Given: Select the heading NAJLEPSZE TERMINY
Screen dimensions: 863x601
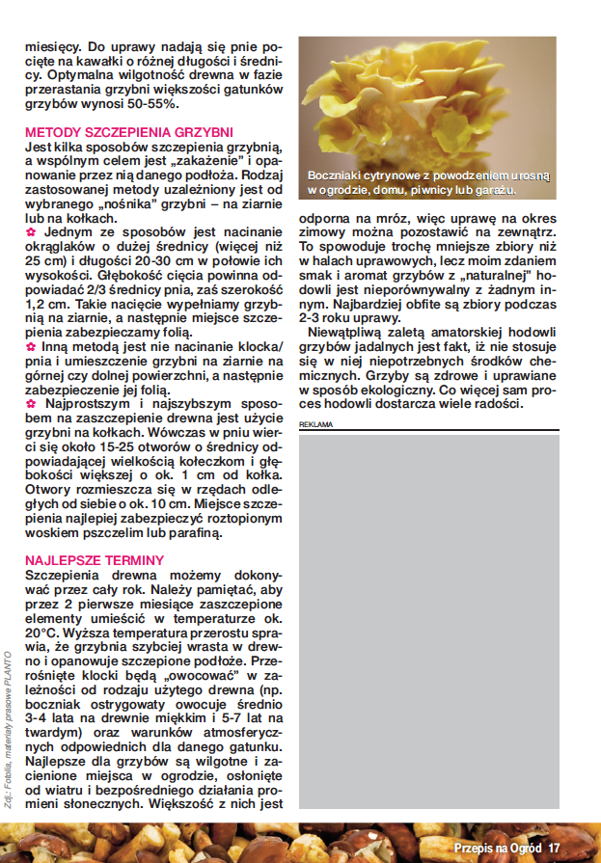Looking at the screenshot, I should pyautogui.click(x=94, y=560).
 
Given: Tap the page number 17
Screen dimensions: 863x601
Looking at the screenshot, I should pyautogui.click(x=554, y=847).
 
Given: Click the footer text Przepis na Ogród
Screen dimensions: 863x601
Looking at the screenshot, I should pyautogui.click(x=499, y=847).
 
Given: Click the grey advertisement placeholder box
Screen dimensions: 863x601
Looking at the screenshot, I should pyautogui.click(x=427, y=617).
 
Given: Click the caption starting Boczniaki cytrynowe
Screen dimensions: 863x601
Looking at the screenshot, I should pyautogui.click(x=427, y=182).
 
